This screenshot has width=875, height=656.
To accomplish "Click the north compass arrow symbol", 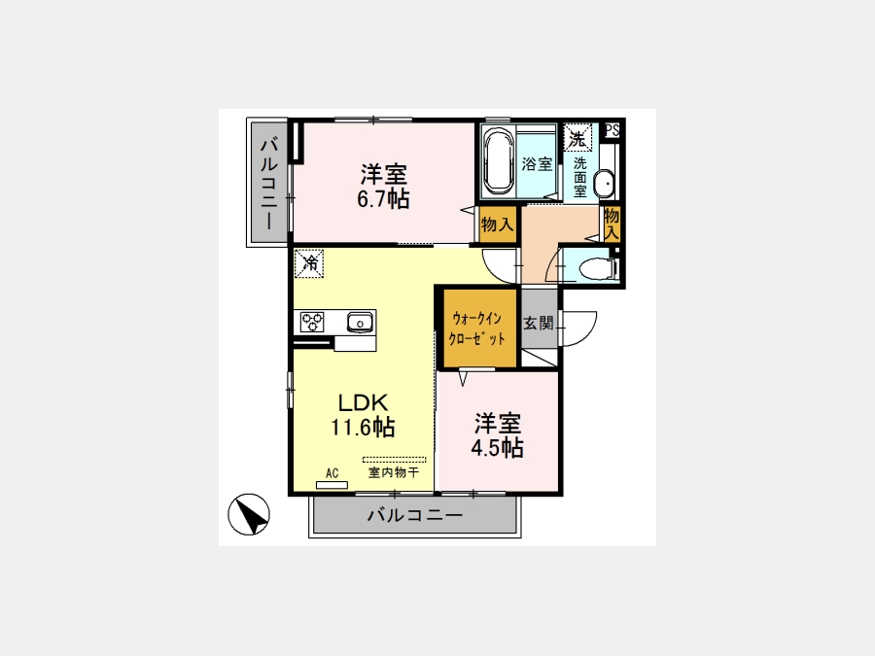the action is [x=249, y=514].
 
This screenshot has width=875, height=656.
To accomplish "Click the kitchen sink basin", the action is [x=361, y=323].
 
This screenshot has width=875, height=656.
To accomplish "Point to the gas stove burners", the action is [x=312, y=323].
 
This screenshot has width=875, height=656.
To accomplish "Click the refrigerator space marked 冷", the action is [x=309, y=262].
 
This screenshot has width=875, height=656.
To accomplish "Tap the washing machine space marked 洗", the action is [x=577, y=138].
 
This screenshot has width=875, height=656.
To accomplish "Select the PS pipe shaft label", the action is [x=612, y=130].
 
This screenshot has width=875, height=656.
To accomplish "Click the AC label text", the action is [x=332, y=473].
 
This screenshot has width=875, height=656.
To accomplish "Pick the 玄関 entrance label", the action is [x=539, y=323].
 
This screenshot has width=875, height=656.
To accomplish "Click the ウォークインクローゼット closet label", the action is [x=477, y=328].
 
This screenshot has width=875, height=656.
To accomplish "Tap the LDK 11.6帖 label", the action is [x=364, y=415].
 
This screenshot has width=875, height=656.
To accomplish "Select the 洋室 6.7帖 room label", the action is [x=383, y=187].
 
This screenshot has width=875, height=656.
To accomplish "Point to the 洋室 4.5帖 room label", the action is [x=497, y=435].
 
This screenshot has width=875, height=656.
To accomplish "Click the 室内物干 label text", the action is [x=393, y=472].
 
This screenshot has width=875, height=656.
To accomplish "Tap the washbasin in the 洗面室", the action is [x=603, y=184].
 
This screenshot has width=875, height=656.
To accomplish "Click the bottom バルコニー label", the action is [x=414, y=514].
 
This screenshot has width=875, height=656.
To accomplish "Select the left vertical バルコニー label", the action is [x=269, y=184].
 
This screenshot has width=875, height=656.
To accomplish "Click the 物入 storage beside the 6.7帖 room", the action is [x=497, y=224].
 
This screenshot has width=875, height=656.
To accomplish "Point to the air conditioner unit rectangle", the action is [x=332, y=485].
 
